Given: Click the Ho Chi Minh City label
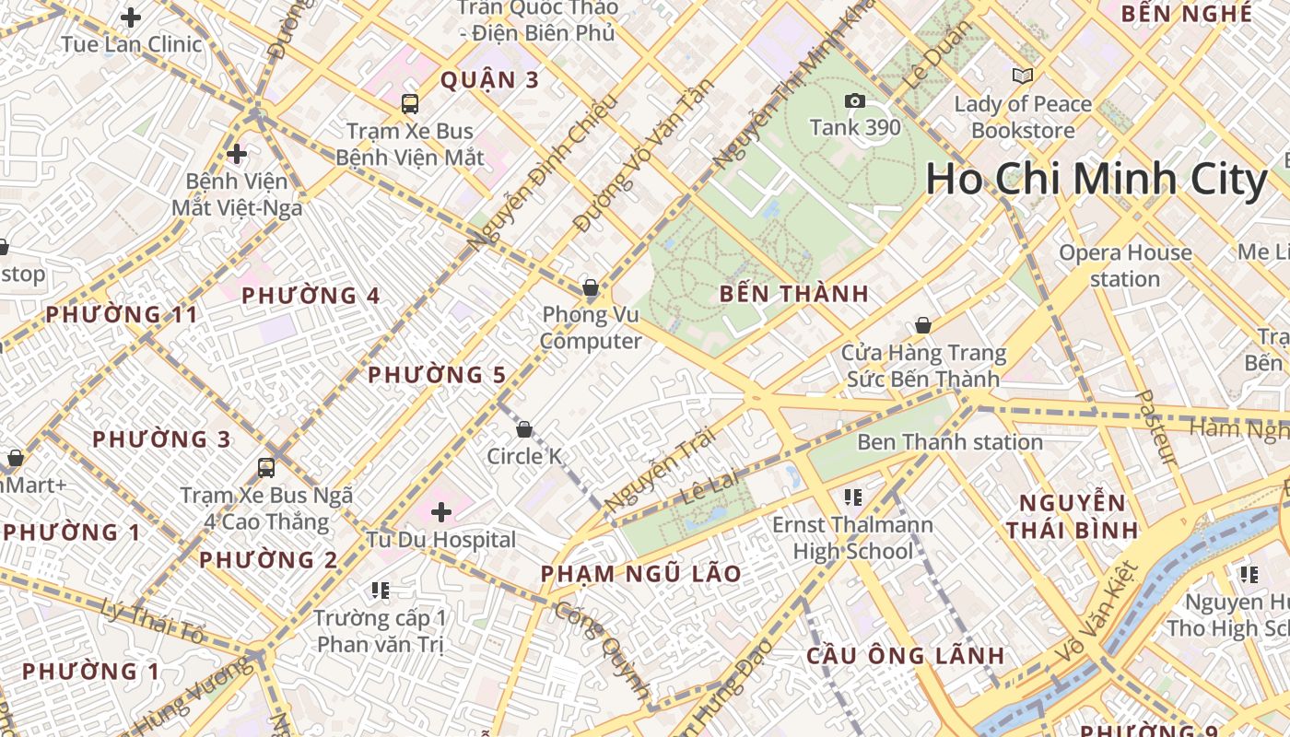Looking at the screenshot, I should (x=1096, y=180).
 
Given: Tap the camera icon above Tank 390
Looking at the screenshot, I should (x=855, y=100).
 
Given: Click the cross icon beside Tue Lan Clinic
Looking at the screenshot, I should (x=131, y=17).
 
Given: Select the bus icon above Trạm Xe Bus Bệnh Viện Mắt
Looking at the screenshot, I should (x=410, y=103).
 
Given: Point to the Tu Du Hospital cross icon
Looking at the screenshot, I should (x=441, y=511).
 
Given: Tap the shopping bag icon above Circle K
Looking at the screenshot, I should (x=524, y=428).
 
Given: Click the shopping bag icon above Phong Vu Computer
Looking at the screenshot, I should (x=591, y=287).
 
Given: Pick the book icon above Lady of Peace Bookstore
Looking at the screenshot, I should (x=1022, y=76).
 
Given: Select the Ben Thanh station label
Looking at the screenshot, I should (x=949, y=442).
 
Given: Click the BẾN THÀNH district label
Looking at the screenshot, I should (x=793, y=294).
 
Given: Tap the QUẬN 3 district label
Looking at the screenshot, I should (x=489, y=80).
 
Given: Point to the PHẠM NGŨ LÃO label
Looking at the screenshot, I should (x=640, y=574).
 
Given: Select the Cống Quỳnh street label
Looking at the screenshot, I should (x=604, y=649).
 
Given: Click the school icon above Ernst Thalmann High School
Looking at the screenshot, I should (x=852, y=497).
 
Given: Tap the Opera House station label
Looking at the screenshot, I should (x=1125, y=265).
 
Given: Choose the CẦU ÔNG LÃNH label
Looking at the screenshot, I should (x=905, y=656).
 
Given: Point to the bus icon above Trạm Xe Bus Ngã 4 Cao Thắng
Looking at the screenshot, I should (x=266, y=467).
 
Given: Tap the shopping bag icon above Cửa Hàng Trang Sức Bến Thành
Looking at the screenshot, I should (x=922, y=325).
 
